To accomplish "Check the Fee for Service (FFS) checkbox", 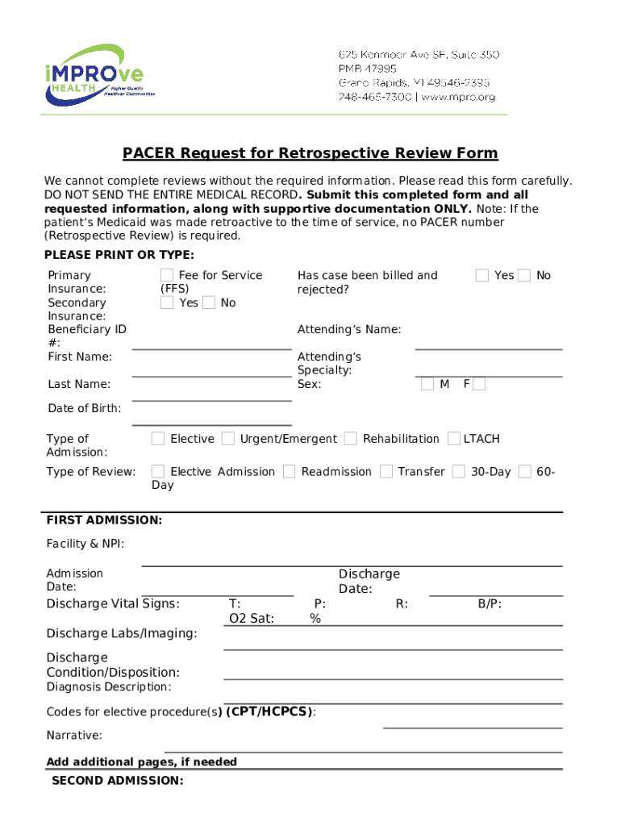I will (167, 275).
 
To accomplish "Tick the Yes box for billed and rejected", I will (481, 275).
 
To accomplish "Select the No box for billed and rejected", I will (523, 275).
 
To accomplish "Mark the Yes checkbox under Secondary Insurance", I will (167, 302).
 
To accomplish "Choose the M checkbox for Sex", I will (427, 384).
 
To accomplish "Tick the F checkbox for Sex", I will (479, 384).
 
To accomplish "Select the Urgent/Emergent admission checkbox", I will (228, 439).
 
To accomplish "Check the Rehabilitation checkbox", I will (350, 439).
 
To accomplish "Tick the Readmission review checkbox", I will (289, 471).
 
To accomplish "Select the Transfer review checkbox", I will (386, 471).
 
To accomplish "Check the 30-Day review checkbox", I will (458, 471).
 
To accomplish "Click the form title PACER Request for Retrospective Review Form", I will (310, 153).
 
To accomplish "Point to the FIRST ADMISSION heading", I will (104, 520).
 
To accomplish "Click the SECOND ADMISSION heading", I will (117, 781).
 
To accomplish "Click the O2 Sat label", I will (252, 619).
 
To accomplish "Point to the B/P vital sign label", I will (490, 604).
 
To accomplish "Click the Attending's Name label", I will (348, 329).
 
